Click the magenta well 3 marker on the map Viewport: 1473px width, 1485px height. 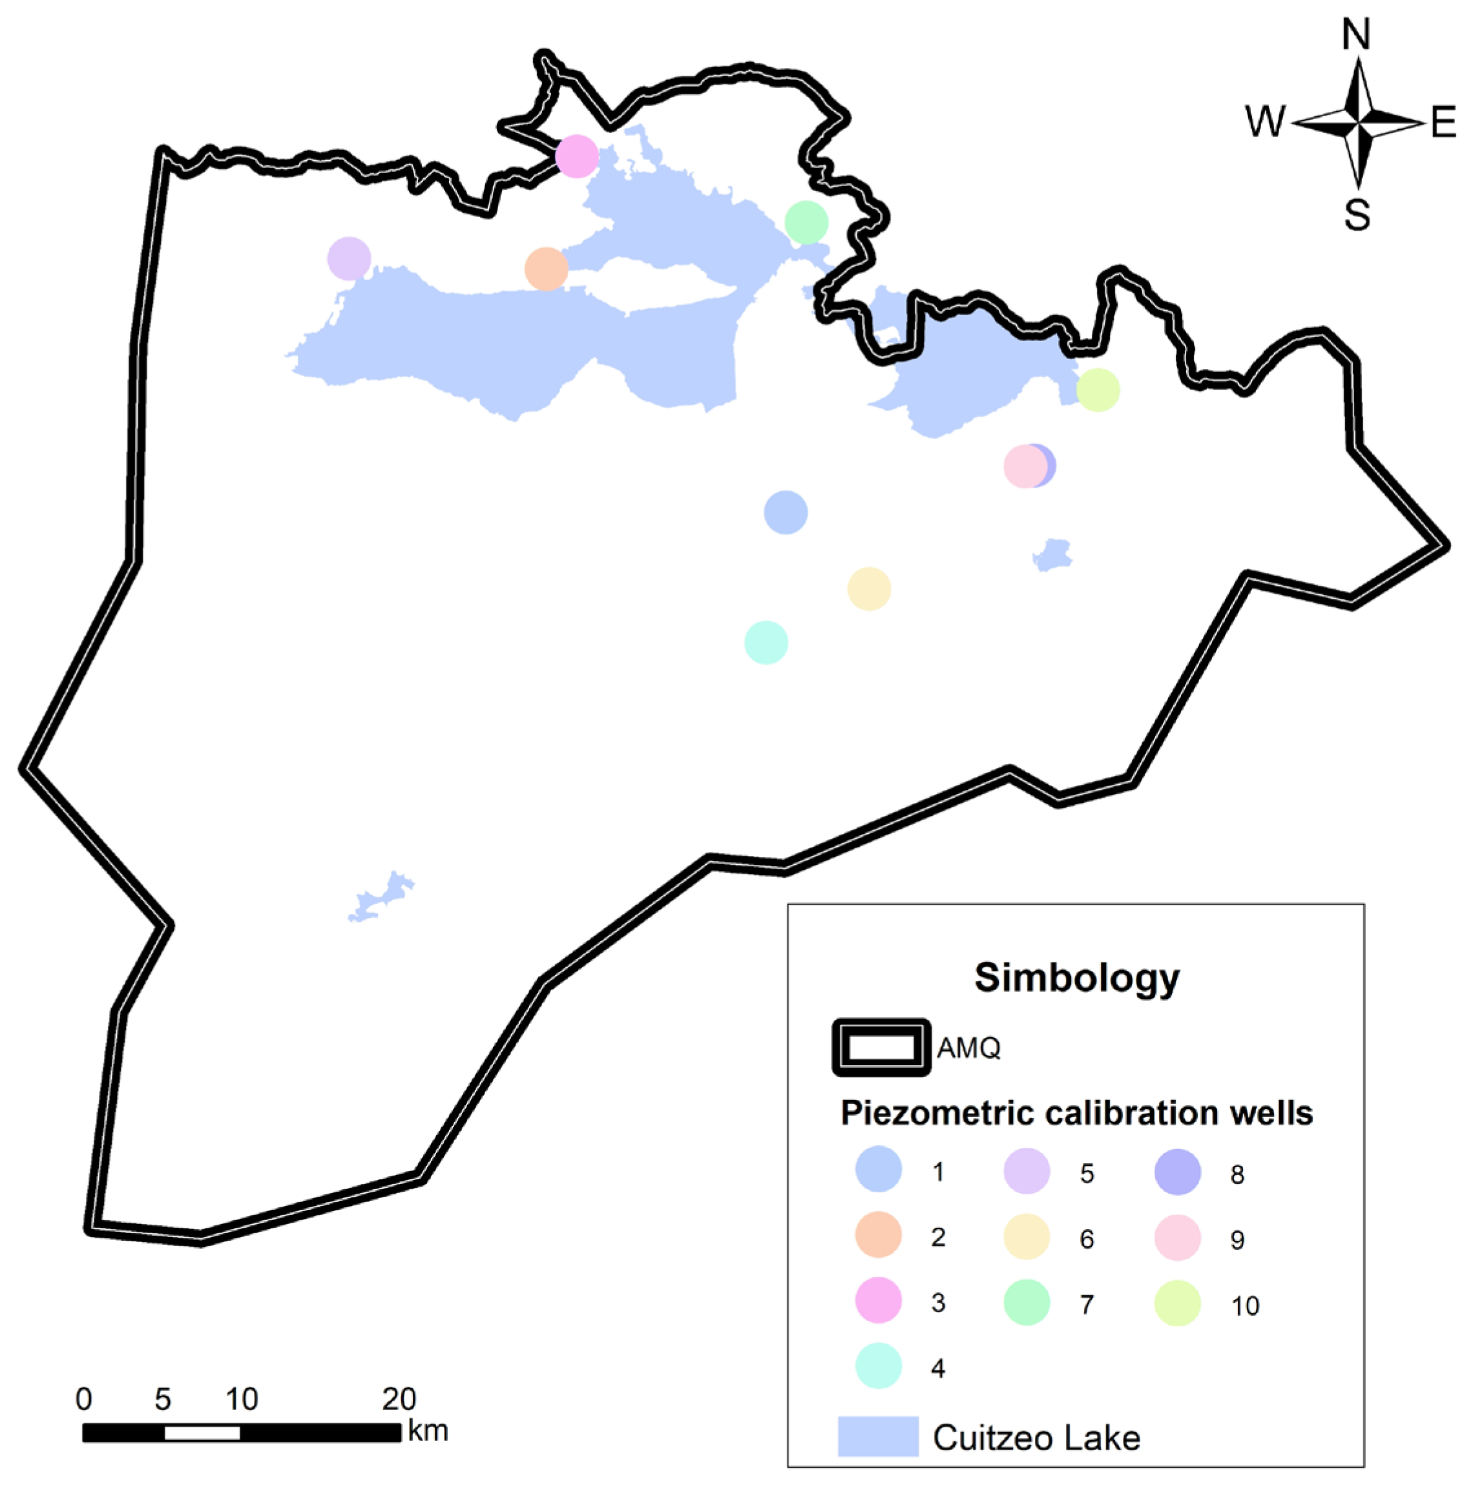click(576, 156)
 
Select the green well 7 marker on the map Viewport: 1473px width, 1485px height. click(806, 222)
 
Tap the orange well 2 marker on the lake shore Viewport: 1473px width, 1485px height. click(546, 269)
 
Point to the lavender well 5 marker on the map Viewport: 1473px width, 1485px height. click(349, 258)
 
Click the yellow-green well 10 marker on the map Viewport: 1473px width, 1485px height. click(1098, 390)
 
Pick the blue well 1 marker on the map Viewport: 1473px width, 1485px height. click(786, 512)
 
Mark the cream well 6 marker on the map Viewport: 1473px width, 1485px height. click(869, 589)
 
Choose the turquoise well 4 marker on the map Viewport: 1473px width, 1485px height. click(766, 642)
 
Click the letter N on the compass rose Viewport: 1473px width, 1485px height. click(1356, 36)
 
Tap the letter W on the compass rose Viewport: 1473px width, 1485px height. click(1265, 121)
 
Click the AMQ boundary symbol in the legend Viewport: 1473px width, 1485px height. click(881, 1048)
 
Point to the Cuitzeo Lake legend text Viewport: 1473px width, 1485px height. click(1036, 1437)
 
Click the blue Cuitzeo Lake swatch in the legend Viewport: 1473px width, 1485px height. click(878, 1436)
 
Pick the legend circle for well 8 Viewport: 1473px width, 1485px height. click(1178, 1172)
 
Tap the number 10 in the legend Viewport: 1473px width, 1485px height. click(1246, 1305)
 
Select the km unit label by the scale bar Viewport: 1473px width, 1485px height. click(428, 1431)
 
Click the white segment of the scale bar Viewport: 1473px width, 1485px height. click(202, 1433)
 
